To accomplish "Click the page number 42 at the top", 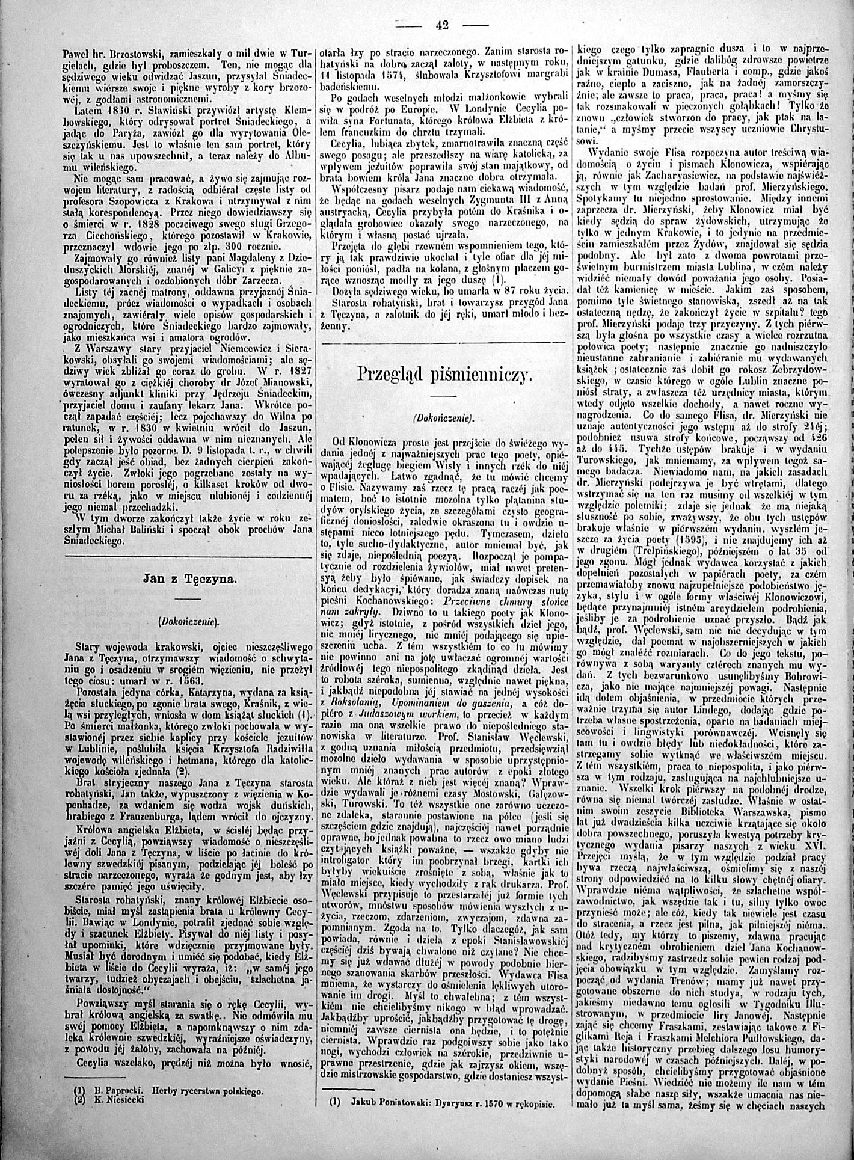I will (443, 25).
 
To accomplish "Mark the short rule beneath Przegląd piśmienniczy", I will (444, 396).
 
